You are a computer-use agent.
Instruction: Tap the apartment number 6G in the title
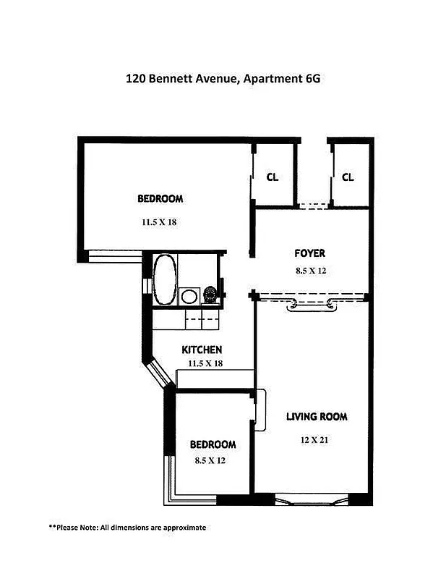[x=308, y=78]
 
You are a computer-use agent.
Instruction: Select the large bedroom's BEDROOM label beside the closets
[x=160, y=198]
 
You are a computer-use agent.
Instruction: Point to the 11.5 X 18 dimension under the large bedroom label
[x=160, y=222]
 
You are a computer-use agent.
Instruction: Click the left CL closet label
[x=273, y=177]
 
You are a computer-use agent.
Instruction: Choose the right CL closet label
[x=348, y=177]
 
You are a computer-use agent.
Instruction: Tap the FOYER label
[x=309, y=253]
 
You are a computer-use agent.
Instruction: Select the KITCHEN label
[x=201, y=350]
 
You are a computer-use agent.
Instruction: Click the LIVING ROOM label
[x=317, y=416]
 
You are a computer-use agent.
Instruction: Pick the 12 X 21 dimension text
[x=316, y=439]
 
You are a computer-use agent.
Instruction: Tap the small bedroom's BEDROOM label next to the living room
[x=213, y=444]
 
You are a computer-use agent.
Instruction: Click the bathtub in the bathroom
[x=164, y=280]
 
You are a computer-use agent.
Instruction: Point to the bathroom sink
[x=189, y=295]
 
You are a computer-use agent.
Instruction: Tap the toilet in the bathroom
[x=210, y=295]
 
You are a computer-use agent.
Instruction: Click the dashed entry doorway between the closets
[x=313, y=206]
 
